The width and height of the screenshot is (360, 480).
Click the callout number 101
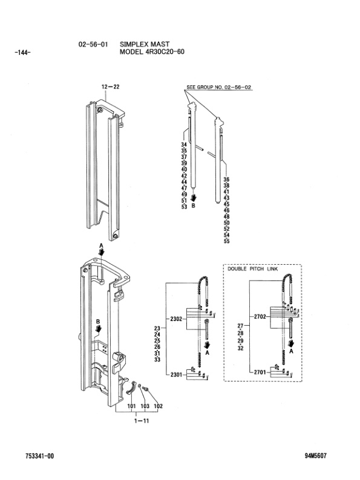point(131,406)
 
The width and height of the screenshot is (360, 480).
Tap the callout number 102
point(158,406)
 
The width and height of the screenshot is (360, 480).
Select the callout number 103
point(145,406)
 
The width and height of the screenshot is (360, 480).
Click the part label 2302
point(176,319)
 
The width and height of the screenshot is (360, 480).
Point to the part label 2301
point(176,374)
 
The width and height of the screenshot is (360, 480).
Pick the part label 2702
point(260,317)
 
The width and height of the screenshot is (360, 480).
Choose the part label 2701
point(260,372)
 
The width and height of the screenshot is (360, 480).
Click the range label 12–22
point(110,87)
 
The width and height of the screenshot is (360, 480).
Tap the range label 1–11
point(142,421)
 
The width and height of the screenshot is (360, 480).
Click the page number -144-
point(22,53)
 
